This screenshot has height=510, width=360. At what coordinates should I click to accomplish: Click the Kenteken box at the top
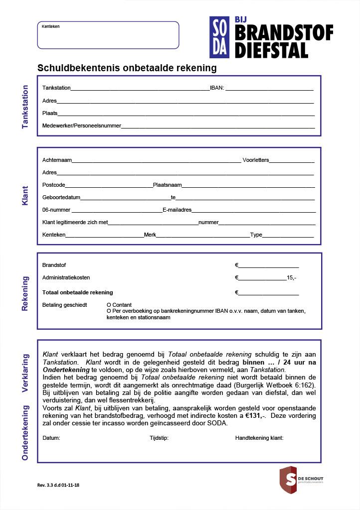click(108, 35)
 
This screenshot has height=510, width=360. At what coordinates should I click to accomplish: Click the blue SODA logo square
click(219, 37)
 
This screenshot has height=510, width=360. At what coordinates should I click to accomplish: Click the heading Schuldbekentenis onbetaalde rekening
click(127, 68)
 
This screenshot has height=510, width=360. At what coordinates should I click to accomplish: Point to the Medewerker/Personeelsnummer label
click(82, 126)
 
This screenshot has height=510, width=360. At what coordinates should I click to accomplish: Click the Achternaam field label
click(57, 160)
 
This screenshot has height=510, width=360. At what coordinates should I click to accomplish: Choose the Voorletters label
click(256, 160)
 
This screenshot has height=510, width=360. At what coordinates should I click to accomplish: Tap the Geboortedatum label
click(61, 197)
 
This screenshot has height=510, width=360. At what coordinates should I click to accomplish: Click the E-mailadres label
click(177, 210)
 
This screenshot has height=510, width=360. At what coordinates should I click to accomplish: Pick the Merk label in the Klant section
click(150, 235)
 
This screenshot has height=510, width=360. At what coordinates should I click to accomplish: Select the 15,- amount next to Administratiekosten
click(292, 278)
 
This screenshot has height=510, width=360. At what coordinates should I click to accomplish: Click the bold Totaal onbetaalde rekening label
click(78, 292)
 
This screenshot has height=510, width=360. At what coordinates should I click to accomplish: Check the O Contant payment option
click(119, 305)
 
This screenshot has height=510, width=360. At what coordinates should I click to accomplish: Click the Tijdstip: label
click(159, 438)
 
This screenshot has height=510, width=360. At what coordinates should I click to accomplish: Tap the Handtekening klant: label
click(259, 438)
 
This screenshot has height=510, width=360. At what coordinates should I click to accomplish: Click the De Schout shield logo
click(289, 479)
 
